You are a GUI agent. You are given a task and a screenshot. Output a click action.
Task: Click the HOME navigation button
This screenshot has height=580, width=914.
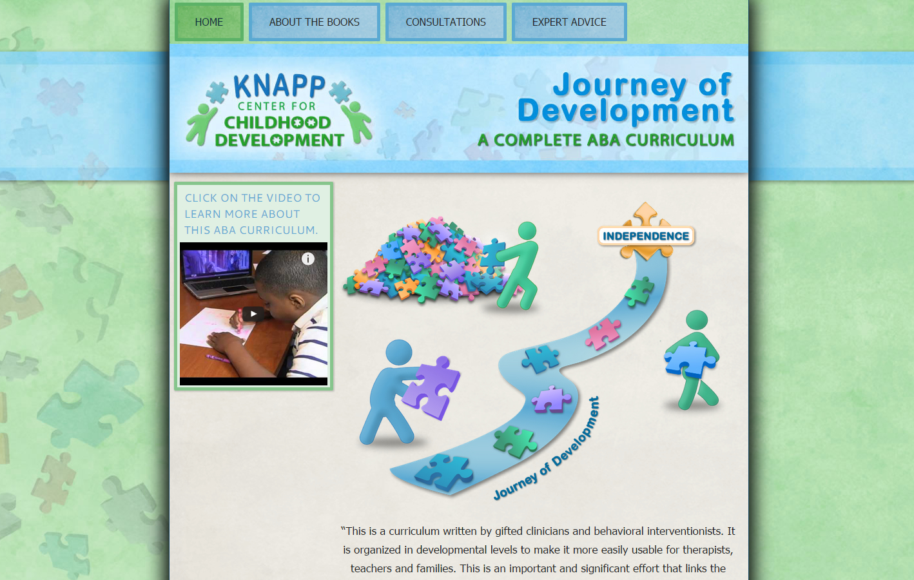(x=209, y=22)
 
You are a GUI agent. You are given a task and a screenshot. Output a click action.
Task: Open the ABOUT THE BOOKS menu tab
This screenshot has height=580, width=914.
(x=314, y=22)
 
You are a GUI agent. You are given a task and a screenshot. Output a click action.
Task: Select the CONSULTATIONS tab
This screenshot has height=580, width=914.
(x=445, y=22)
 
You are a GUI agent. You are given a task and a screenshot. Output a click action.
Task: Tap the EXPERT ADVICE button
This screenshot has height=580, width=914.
(x=569, y=22)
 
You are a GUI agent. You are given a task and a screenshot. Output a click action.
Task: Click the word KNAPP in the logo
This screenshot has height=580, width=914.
(x=279, y=86)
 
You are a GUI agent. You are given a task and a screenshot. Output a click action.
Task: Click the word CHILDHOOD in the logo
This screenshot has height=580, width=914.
(x=277, y=122)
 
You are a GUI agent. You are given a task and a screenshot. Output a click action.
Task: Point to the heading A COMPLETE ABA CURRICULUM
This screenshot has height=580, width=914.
(x=606, y=140)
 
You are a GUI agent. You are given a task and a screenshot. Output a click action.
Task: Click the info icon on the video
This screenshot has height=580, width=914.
(x=307, y=258)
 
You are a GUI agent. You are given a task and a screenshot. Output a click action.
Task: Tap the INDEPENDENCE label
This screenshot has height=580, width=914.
(x=646, y=236)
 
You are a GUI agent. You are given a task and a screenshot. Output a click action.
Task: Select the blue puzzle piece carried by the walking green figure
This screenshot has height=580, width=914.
(x=690, y=360)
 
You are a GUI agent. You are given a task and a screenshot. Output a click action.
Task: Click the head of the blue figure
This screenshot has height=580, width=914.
(x=398, y=353)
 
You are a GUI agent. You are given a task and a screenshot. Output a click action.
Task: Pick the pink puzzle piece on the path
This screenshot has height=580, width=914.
(x=603, y=333)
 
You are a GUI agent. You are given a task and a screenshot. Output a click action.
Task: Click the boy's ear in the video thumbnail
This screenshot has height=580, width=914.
(x=297, y=302)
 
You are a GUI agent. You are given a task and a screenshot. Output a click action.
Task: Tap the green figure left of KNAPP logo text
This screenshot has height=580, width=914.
(x=200, y=124)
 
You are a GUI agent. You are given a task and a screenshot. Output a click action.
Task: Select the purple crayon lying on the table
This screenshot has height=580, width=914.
(x=218, y=358)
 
